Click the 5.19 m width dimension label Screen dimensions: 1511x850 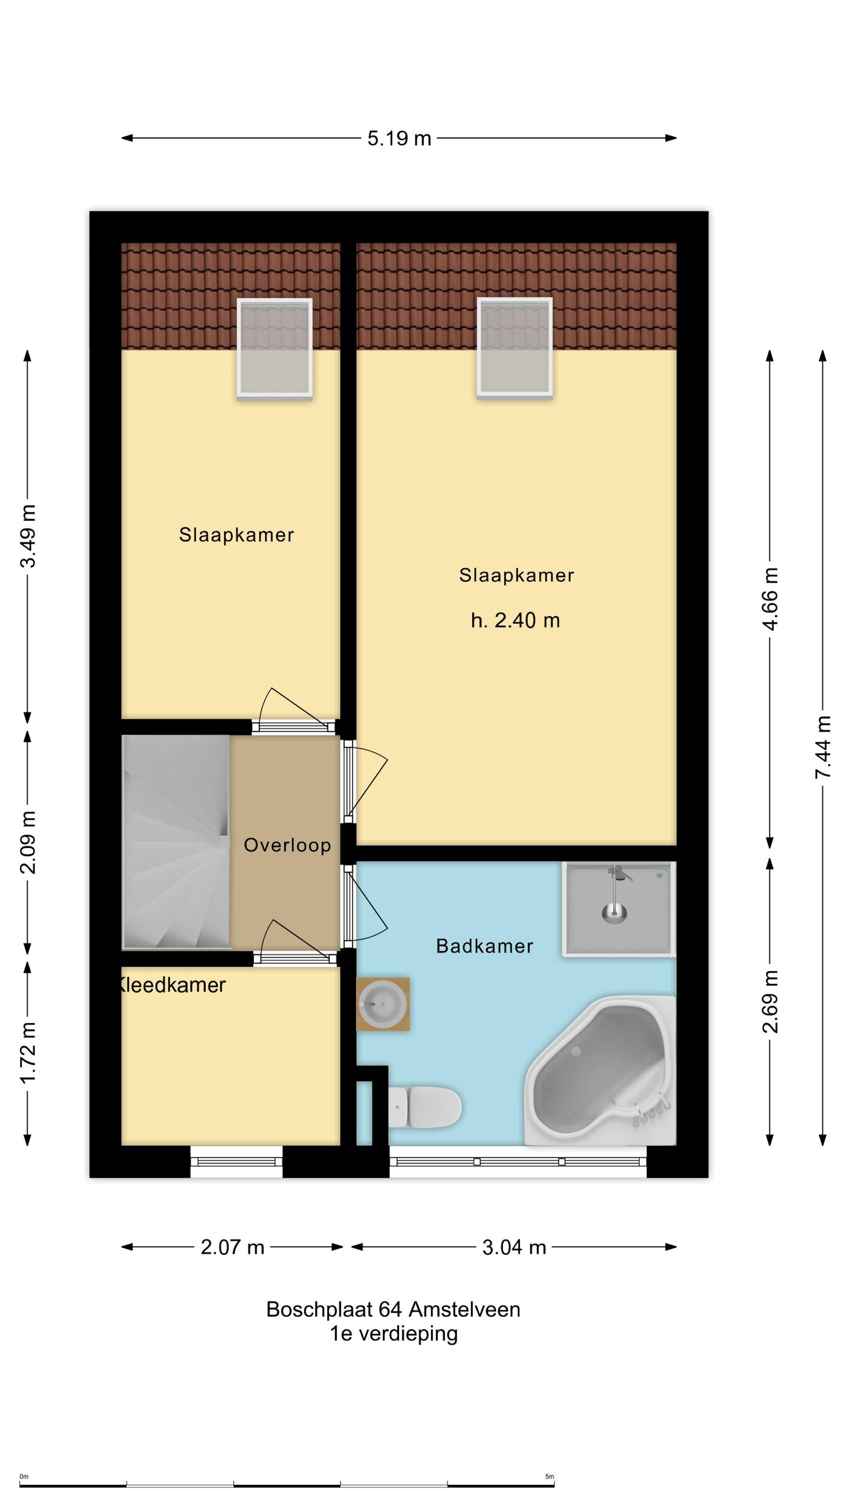click(x=399, y=139)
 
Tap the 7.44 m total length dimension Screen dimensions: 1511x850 click(x=823, y=746)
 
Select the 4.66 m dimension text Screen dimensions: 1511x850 click(x=770, y=598)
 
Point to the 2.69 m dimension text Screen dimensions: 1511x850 click(x=770, y=1001)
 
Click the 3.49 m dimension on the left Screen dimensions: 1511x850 click(x=28, y=536)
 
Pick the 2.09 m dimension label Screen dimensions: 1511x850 click(x=28, y=842)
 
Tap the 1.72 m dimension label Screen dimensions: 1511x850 click(x=28, y=1052)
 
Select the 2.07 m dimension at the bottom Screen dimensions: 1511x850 click(x=233, y=1247)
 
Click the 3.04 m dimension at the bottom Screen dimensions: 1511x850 click(x=514, y=1247)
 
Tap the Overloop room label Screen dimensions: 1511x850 click(x=287, y=845)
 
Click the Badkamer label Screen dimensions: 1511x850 click(x=484, y=946)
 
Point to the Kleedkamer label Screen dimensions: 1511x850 click(x=172, y=985)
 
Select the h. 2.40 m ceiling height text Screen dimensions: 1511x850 click(x=515, y=620)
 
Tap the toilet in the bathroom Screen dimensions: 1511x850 click(x=424, y=1107)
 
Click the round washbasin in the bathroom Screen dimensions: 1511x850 click(x=382, y=1004)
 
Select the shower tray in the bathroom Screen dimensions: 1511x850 click(x=617, y=909)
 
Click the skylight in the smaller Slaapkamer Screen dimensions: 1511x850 click(x=274, y=348)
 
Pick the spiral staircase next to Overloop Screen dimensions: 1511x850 click(x=176, y=842)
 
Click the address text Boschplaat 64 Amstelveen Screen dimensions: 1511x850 click(x=393, y=1310)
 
